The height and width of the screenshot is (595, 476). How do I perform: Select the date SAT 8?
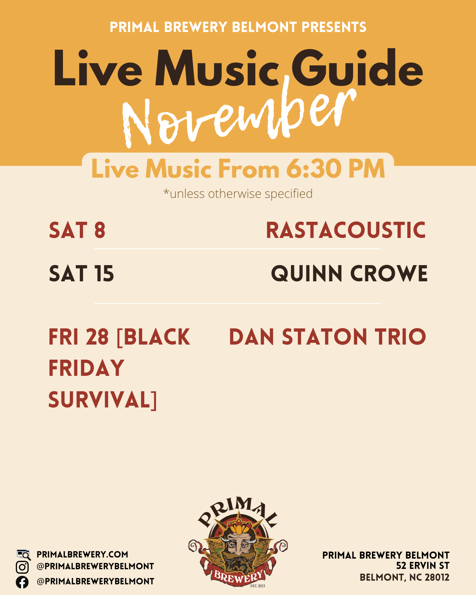pyautogui.click(x=77, y=230)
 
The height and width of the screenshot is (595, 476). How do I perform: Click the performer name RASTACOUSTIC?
pyautogui.click(x=346, y=230)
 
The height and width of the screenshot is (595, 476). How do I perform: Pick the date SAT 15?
pyautogui.click(x=81, y=274)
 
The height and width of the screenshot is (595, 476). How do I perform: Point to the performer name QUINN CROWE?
pyautogui.click(x=349, y=274)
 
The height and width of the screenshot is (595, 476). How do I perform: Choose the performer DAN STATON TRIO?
pyautogui.click(x=327, y=337)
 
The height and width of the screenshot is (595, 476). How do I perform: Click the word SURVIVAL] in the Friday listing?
pyautogui.click(x=103, y=400)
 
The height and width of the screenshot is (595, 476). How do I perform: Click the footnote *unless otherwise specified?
pyautogui.click(x=238, y=193)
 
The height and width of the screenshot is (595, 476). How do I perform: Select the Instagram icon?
pyautogui.click(x=22, y=567)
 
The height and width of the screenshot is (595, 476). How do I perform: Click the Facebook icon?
pyautogui.click(x=22, y=582)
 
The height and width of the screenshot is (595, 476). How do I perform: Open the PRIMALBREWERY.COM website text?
pyautogui.click(x=82, y=555)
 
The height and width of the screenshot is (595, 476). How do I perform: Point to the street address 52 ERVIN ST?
pyautogui.click(x=423, y=566)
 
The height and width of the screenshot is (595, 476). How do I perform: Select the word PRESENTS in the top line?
pyautogui.click(x=334, y=27)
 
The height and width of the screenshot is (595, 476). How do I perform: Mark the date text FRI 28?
pyautogui.click(x=79, y=337)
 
